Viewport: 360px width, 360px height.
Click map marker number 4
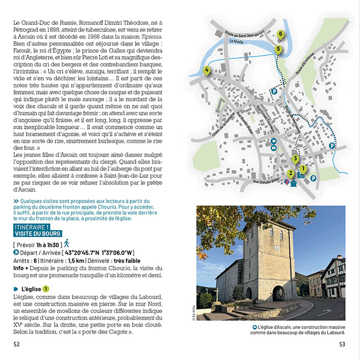[x=207, y=70]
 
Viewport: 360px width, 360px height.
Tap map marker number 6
[x=281, y=34]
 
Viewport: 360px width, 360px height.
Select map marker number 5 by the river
[x=278, y=49]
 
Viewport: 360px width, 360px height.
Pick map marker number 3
[x=295, y=160]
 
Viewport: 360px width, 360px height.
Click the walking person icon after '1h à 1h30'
[x=66, y=243]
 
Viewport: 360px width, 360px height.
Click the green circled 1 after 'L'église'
[x=47, y=289]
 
